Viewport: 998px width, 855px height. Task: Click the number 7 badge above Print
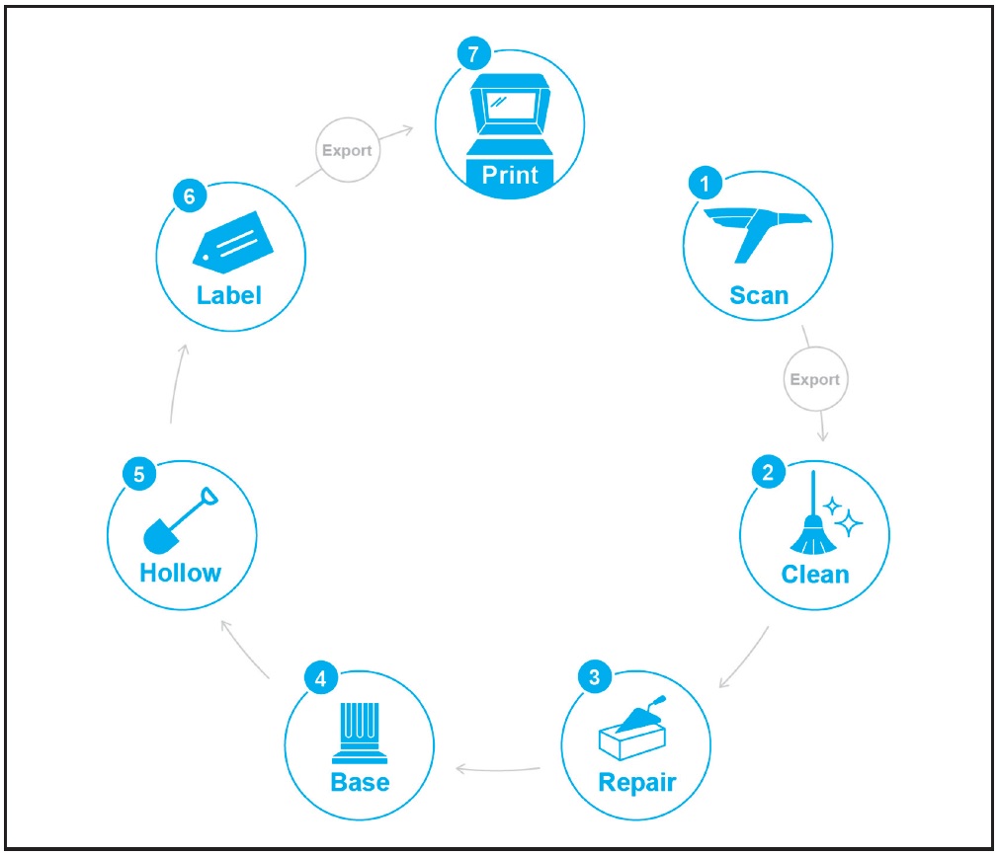click(473, 53)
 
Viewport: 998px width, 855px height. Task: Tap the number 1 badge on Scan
click(705, 184)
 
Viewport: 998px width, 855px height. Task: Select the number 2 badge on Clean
click(768, 472)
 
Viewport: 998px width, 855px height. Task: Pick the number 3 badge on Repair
click(595, 677)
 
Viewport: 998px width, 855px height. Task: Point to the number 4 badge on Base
click(321, 678)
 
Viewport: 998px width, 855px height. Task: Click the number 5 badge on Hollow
click(139, 474)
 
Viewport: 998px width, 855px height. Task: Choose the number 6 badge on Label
click(190, 195)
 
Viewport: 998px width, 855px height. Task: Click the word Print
click(510, 175)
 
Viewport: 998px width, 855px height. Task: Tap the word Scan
click(759, 295)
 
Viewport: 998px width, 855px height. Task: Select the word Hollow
click(181, 573)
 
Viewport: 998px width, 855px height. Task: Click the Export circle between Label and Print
click(348, 150)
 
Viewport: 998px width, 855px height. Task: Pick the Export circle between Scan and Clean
click(815, 379)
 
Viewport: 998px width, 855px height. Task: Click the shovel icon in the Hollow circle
click(180, 520)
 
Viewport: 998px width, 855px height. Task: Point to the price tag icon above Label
click(233, 242)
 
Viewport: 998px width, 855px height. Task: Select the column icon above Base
click(361, 733)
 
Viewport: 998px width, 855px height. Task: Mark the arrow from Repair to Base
click(498, 770)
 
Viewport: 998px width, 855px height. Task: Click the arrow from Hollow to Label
click(178, 383)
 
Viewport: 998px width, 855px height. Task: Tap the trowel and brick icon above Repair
click(632, 728)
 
